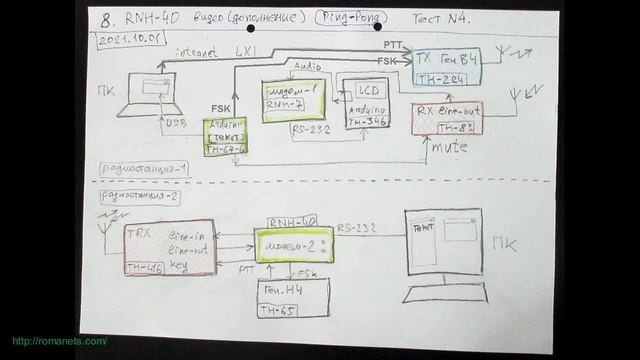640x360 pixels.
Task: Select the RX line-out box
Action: [446, 118]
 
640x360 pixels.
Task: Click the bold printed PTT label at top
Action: [394, 45]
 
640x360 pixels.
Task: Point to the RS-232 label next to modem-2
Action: [357, 228]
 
